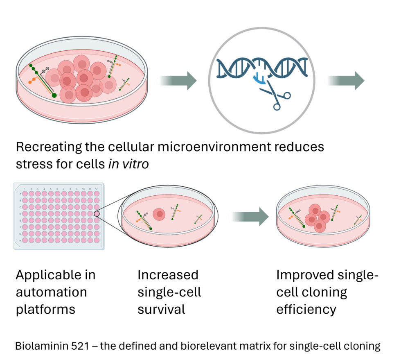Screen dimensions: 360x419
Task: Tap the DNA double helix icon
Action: pyautogui.click(x=262, y=67)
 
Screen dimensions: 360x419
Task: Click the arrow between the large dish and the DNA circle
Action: pyautogui.click(x=178, y=80)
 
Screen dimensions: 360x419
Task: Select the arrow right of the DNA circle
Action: pyautogui.click(x=346, y=80)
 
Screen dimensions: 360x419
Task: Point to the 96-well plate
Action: pyautogui.click(x=59, y=216)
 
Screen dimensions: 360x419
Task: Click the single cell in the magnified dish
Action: pyautogui.click(x=159, y=214)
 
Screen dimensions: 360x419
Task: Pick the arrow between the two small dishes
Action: pyautogui.click(x=250, y=216)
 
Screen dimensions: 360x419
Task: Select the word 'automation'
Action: pyautogui.click(x=51, y=292)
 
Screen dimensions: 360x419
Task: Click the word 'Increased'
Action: pyautogui.click(x=168, y=274)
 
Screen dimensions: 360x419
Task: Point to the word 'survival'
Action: pyautogui.click(x=161, y=309)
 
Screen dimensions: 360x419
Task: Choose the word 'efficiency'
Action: pyautogui.click(x=306, y=309)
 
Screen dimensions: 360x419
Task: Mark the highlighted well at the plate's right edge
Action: pyautogui.click(x=97, y=213)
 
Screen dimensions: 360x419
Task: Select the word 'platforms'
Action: pyautogui.click(x=45, y=309)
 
